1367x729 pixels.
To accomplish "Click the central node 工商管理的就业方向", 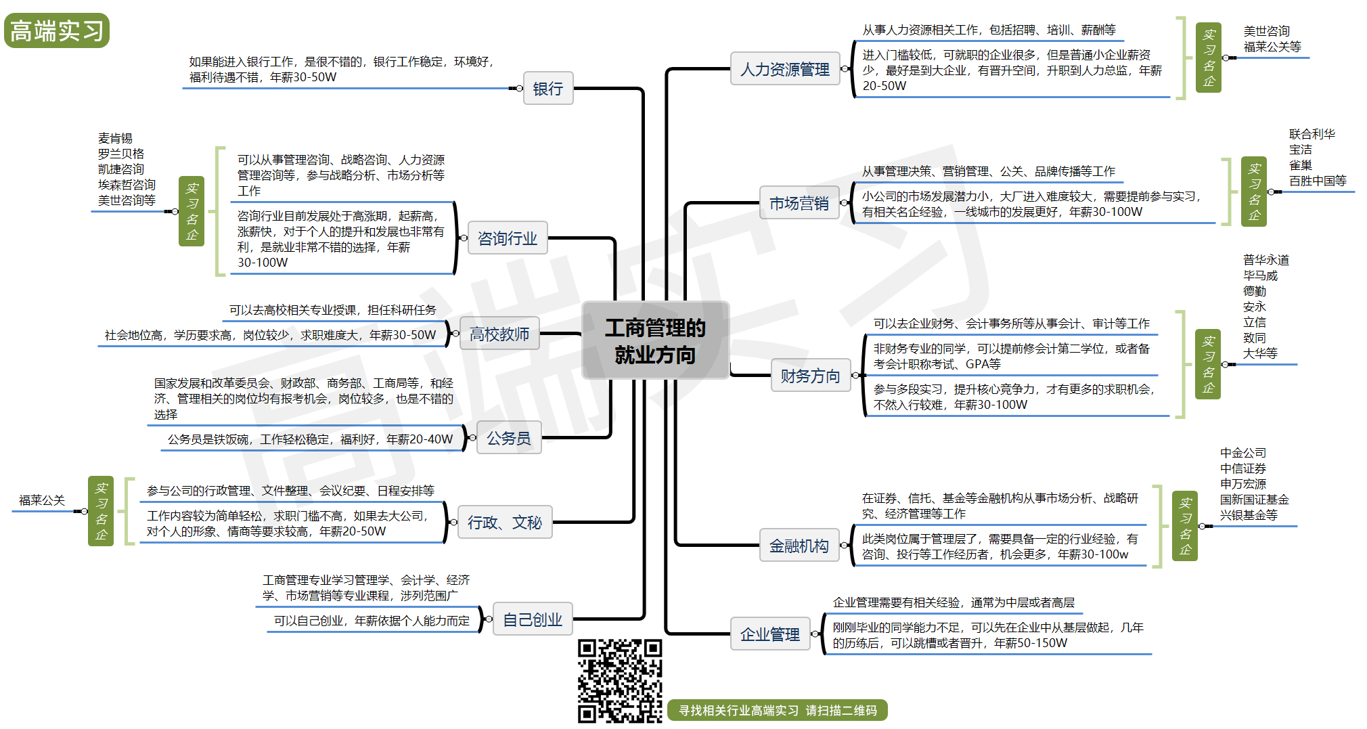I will point(655,340).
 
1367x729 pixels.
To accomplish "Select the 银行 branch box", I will point(547,89).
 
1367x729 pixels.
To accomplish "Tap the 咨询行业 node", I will point(507,238).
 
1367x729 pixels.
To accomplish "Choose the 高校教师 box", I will point(499,334).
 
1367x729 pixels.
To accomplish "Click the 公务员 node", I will point(509,438).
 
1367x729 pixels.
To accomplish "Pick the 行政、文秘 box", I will point(505,523).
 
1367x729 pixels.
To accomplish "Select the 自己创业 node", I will point(533,619).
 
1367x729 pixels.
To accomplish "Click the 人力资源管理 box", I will point(784,69).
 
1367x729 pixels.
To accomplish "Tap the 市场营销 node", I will point(799,203).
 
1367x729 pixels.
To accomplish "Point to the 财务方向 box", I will point(810,376).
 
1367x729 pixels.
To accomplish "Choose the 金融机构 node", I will point(799,546).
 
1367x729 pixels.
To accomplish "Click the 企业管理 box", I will point(769,634).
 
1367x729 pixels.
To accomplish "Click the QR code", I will point(619,680).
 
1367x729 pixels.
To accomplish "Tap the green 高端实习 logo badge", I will point(57,31).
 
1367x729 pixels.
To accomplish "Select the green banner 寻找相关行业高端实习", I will point(777,710).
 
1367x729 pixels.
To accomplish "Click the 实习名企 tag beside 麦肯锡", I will point(192,211).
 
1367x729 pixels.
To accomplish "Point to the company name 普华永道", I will point(1265,260).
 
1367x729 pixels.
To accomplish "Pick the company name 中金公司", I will point(1242,453).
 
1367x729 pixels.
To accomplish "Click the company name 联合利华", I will point(1312,134).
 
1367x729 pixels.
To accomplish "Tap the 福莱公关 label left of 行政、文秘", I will point(42,500).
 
